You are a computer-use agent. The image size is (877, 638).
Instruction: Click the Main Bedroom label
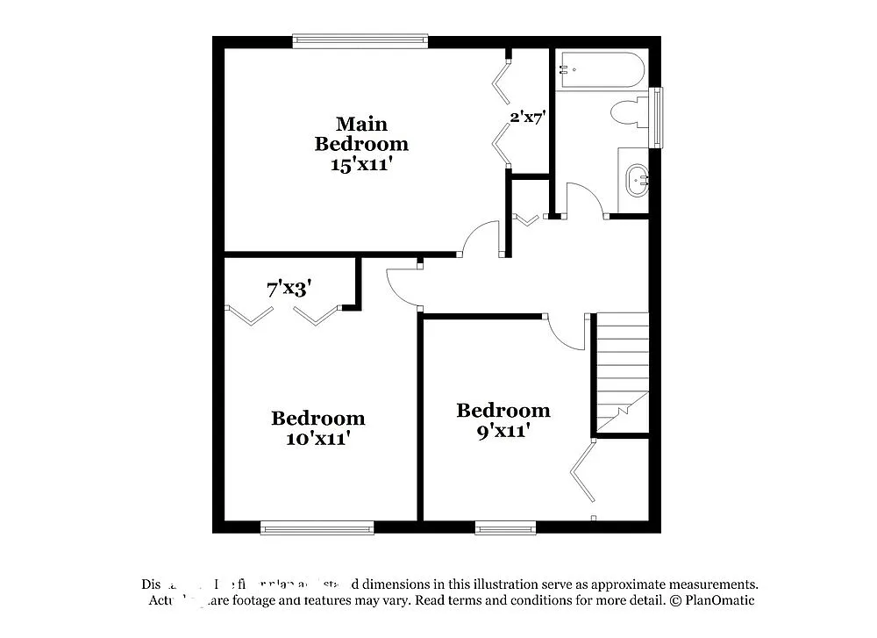(x=361, y=133)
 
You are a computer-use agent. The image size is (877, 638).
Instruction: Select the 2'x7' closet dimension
(x=529, y=116)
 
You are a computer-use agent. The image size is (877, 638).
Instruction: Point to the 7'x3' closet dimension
(x=289, y=288)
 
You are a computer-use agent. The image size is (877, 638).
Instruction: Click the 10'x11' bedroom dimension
(x=318, y=438)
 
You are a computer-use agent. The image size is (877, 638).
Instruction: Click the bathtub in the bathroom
(x=602, y=70)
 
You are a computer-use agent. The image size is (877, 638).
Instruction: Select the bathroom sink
(x=635, y=180)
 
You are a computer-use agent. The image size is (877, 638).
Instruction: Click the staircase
(x=622, y=373)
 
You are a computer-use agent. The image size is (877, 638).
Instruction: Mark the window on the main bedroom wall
(x=360, y=40)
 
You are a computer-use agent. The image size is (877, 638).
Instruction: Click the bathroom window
(x=656, y=117)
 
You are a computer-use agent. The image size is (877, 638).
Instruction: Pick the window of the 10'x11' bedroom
(x=317, y=528)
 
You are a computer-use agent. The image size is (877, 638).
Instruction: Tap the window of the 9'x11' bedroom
(x=505, y=528)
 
